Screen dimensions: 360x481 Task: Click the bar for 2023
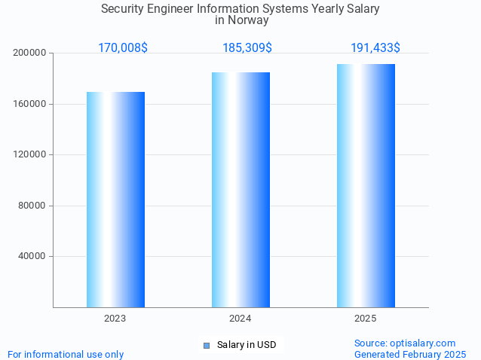(115, 200)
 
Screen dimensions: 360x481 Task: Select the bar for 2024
(240, 190)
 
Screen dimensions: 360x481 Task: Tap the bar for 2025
(366, 185)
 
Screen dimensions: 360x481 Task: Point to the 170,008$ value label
(123, 48)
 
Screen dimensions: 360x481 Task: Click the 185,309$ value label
(247, 48)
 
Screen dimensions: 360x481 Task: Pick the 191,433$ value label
(375, 48)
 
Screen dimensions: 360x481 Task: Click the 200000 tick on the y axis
(30, 53)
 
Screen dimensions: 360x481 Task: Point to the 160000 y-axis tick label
(30, 104)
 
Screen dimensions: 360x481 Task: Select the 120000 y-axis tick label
(30, 155)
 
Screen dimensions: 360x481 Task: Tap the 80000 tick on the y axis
(32, 206)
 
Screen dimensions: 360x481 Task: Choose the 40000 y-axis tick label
(32, 257)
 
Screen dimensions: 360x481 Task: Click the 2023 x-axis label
(115, 319)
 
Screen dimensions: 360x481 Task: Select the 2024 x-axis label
(240, 319)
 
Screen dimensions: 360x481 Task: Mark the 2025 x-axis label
(366, 319)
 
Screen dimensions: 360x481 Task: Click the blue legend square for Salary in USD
(206, 346)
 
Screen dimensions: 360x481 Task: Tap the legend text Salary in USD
(247, 346)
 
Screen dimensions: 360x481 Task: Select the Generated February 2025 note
(410, 354)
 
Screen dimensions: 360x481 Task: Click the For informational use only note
(66, 354)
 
